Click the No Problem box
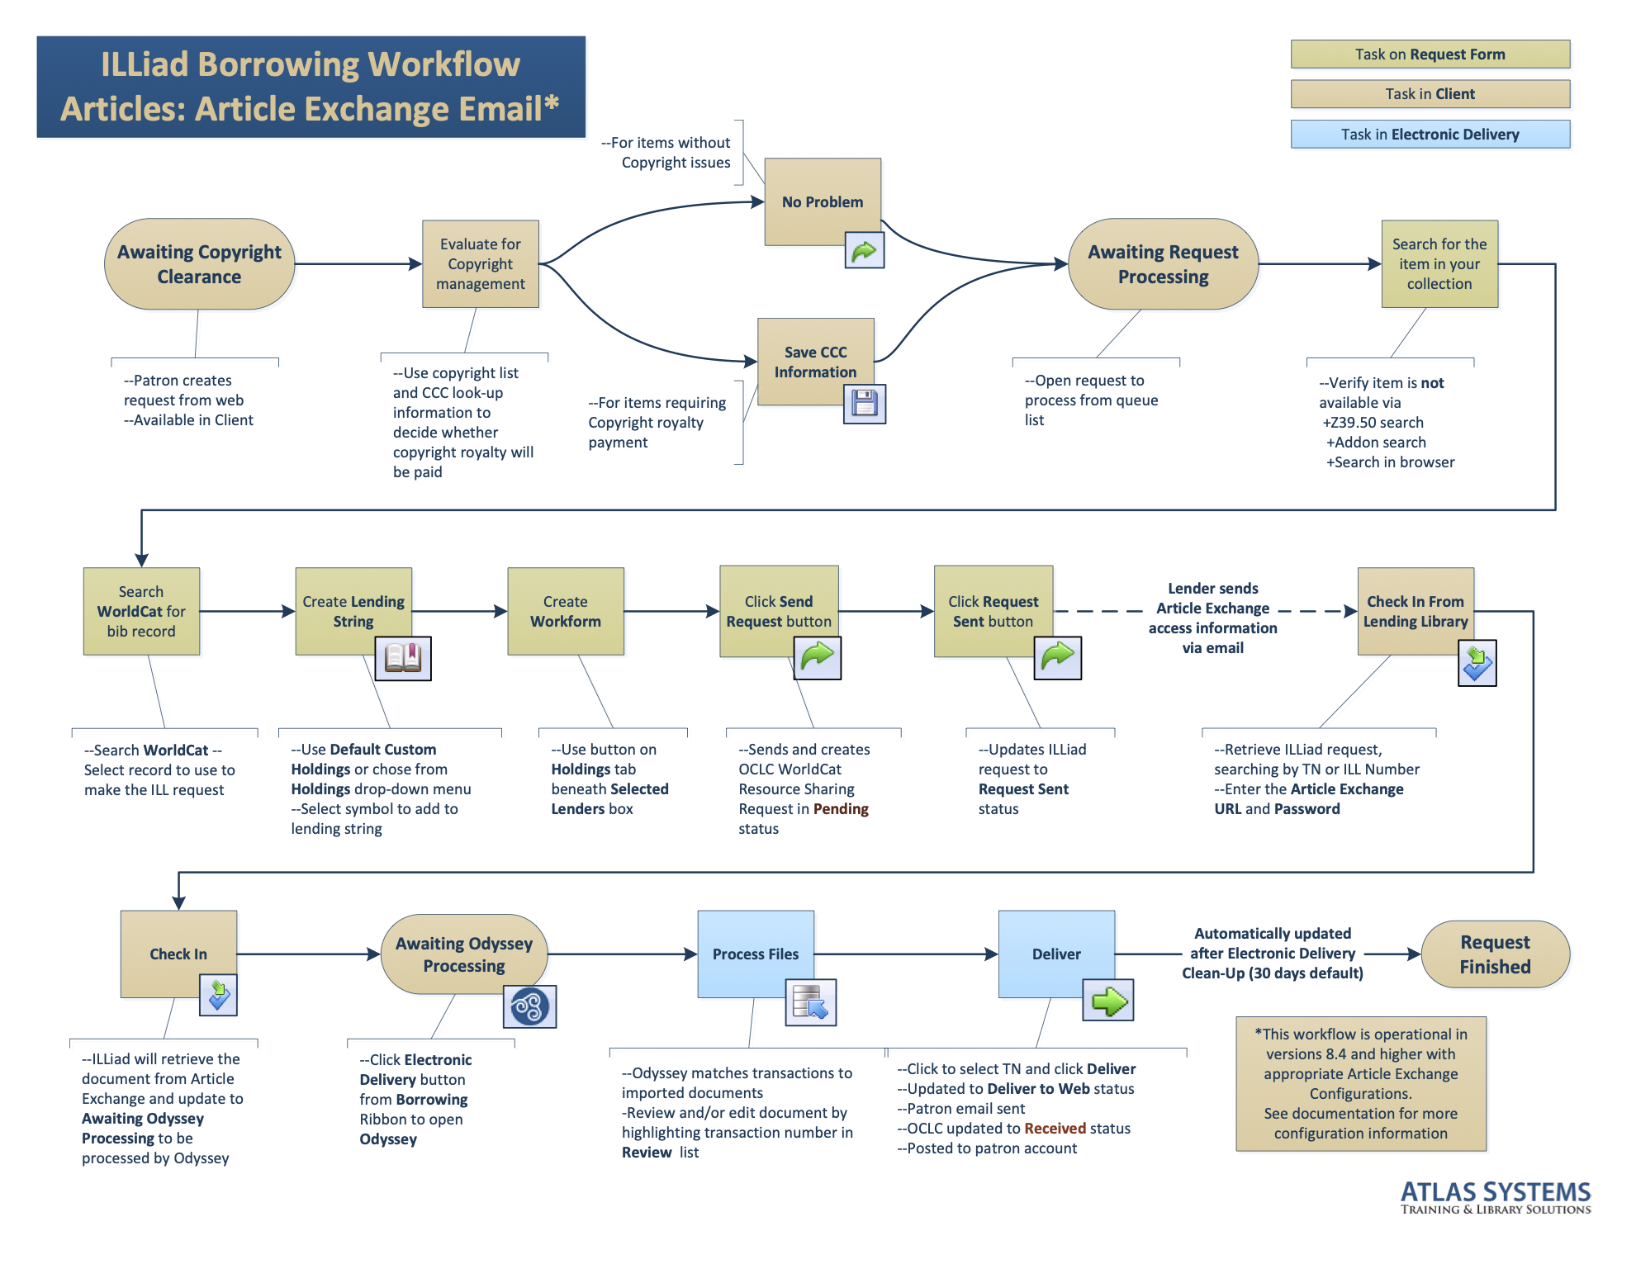(x=822, y=201)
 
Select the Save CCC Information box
(x=815, y=362)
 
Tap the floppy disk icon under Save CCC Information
(x=864, y=404)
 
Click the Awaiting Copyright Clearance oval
(x=199, y=264)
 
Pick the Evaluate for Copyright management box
(x=480, y=264)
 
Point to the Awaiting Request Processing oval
(x=1162, y=264)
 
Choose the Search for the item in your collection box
(x=1439, y=264)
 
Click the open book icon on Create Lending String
(x=403, y=658)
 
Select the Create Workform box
(x=565, y=611)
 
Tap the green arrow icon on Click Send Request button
(x=817, y=657)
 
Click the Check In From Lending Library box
(x=1415, y=611)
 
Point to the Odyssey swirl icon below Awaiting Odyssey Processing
(x=529, y=1006)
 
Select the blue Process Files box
(x=755, y=954)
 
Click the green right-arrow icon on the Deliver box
(x=1107, y=1001)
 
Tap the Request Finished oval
(x=1494, y=954)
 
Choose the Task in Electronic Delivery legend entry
(x=1430, y=135)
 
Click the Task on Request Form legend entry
(x=1430, y=54)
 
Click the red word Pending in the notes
(x=841, y=809)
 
